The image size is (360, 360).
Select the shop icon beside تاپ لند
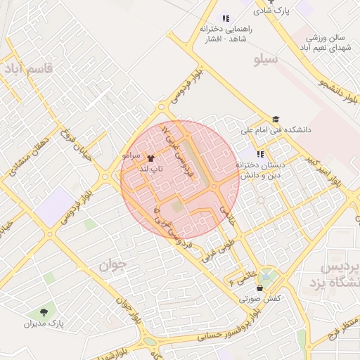tap(150, 159)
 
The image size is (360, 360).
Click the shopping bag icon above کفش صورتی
tap(261, 288)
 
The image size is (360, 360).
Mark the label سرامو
tap(131, 153)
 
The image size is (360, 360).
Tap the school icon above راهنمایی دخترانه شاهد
tap(225, 18)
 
